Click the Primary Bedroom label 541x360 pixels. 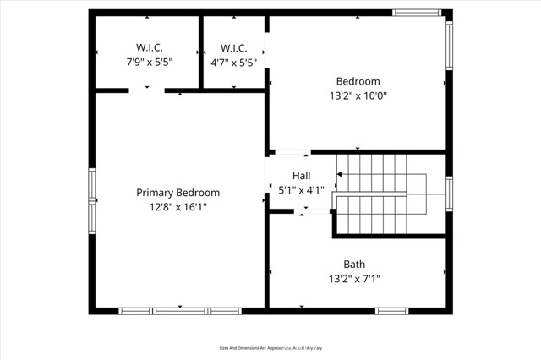178,193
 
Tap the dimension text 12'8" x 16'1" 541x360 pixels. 178,206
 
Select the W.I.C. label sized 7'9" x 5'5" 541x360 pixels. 145,47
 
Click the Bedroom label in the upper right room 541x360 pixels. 358,81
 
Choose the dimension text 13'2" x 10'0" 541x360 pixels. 358,95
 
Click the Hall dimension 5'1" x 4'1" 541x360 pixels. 301,190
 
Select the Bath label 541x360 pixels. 354,264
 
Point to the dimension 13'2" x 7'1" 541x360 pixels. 354,278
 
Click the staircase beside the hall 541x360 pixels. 380,194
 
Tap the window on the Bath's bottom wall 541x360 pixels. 392,311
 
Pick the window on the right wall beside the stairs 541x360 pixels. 449,193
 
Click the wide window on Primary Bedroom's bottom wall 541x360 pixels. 179,311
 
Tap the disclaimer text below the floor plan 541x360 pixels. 271,347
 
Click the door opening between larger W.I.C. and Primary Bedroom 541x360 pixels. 146,90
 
